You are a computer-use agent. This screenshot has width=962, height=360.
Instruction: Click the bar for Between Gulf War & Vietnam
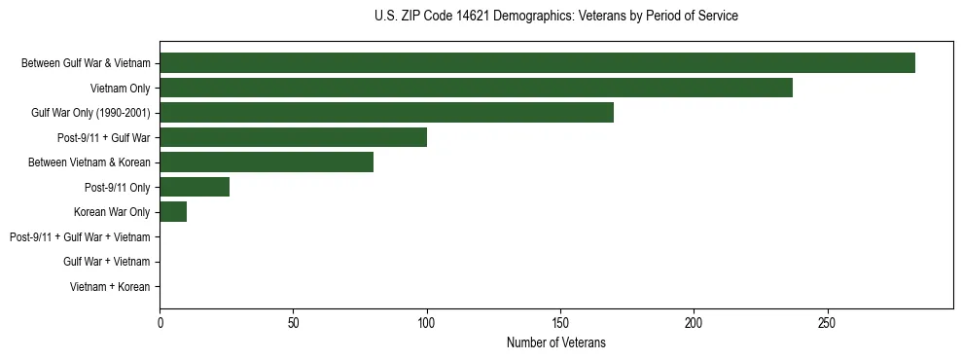pyautogui.click(x=537, y=63)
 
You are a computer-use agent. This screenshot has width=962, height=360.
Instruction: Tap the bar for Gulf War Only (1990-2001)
pyautogui.click(x=386, y=113)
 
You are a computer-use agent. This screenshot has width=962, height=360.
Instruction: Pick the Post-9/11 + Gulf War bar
pyautogui.click(x=293, y=137)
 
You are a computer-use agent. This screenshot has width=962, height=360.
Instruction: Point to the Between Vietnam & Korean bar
pyautogui.click(x=267, y=162)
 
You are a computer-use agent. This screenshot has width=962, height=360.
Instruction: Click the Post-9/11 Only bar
pyautogui.click(x=195, y=187)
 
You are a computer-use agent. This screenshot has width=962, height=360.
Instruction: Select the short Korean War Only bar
pyautogui.click(x=173, y=212)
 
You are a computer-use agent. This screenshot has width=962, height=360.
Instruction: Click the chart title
pyautogui.click(x=555, y=17)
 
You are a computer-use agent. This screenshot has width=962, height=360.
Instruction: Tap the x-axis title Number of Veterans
pyautogui.click(x=555, y=342)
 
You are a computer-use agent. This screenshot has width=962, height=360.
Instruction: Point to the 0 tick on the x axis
pyautogui.click(x=160, y=322)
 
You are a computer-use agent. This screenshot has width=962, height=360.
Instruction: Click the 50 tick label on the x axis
pyautogui.click(x=294, y=322)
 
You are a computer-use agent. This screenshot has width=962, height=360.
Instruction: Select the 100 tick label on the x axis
pyautogui.click(x=427, y=322)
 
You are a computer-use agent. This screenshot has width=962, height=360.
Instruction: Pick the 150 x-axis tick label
pyautogui.click(x=560, y=322)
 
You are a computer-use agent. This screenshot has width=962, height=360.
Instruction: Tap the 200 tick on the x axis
pyautogui.click(x=694, y=322)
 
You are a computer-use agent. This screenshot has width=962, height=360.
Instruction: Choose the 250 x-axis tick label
pyautogui.click(x=827, y=322)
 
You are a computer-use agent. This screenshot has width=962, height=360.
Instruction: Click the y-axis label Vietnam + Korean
pyautogui.click(x=110, y=287)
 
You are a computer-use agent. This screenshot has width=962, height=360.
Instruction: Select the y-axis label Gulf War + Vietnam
pyautogui.click(x=106, y=262)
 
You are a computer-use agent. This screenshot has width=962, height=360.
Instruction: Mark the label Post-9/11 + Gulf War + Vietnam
pyautogui.click(x=80, y=237)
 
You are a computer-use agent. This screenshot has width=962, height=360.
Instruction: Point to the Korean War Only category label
pyautogui.click(x=112, y=212)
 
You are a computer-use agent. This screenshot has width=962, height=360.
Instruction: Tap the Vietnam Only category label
pyautogui.click(x=121, y=88)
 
